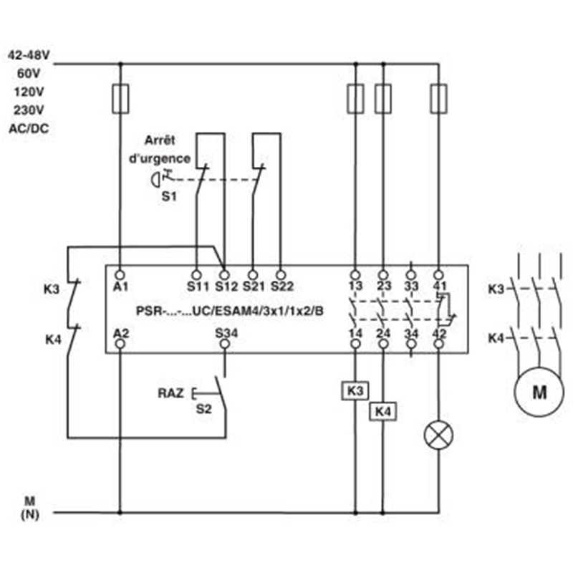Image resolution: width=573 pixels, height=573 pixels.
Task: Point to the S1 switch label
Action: click(x=169, y=196)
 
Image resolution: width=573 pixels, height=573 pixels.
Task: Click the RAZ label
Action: click(x=170, y=393)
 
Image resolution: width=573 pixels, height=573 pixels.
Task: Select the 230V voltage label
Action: click(x=29, y=110)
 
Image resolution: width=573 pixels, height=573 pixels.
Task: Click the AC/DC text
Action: click(x=29, y=128)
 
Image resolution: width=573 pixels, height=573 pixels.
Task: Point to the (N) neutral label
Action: click(x=29, y=514)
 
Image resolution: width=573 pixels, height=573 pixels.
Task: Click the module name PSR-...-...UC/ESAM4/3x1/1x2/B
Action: click(x=229, y=311)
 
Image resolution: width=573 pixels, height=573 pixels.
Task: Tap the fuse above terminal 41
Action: click(x=438, y=99)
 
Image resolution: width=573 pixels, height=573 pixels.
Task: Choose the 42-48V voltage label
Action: click(x=29, y=55)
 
